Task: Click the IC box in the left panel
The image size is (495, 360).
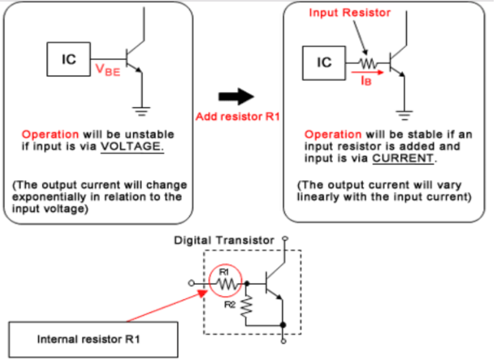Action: [x=68, y=60]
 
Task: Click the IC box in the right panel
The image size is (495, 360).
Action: [x=324, y=62]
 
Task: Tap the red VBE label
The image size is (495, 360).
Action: [x=107, y=70]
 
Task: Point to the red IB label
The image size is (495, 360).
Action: [x=364, y=80]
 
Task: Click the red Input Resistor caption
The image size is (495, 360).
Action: [x=349, y=12]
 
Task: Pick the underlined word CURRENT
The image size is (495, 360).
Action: [x=402, y=158]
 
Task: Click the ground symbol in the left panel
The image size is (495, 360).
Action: [x=143, y=111]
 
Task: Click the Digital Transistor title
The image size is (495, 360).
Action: [x=224, y=241]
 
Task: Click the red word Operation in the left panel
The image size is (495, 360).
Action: [x=51, y=134]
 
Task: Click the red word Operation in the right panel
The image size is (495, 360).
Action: [x=333, y=134]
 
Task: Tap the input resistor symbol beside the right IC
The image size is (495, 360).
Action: [x=367, y=63]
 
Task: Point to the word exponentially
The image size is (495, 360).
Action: [x=47, y=197]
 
